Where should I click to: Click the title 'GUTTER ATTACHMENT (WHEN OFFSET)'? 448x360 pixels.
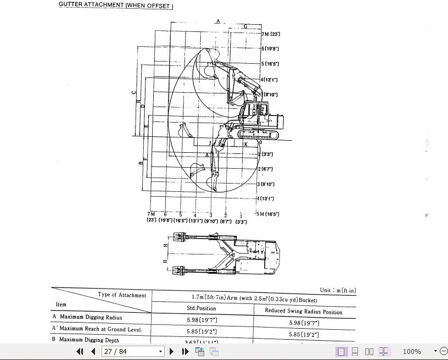point(116,6)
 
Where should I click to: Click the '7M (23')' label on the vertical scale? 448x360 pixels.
point(271,34)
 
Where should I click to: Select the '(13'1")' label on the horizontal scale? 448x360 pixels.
point(196,221)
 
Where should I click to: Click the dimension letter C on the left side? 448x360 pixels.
point(134,92)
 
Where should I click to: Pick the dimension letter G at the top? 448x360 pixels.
point(245,26)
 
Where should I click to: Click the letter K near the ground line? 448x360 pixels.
point(246,144)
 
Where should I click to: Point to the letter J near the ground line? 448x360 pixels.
point(210,143)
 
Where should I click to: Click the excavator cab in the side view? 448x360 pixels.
point(254,110)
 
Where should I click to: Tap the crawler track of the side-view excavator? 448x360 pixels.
point(258,135)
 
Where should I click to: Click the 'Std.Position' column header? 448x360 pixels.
point(203,308)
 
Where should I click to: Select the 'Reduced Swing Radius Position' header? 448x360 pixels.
point(304,312)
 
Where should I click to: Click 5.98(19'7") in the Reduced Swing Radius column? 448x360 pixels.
point(304,323)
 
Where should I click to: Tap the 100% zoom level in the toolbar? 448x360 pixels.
point(412,351)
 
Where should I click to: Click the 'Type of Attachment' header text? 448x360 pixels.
point(122,295)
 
